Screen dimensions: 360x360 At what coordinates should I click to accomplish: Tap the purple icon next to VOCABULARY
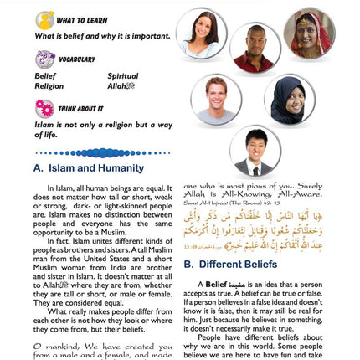pos(44,59)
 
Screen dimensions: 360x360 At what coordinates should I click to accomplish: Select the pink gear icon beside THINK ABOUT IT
pos(44,108)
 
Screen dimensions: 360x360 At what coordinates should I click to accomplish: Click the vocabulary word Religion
pos(49,85)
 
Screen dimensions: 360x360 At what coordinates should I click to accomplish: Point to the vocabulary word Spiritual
pos(123,75)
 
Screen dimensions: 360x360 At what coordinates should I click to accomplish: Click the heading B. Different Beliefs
pos(225,264)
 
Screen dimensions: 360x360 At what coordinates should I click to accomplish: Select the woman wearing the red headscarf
pos(309,33)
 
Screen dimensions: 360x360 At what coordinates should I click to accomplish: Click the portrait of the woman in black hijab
pos(288,99)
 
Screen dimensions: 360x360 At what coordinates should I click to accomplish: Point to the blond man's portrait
pos(216,99)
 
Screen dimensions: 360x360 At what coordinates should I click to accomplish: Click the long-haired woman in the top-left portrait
pos(201,33)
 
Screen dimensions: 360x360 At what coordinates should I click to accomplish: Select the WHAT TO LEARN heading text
pos(81,20)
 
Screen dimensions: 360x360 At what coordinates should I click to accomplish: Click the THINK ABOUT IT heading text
pos(81,108)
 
